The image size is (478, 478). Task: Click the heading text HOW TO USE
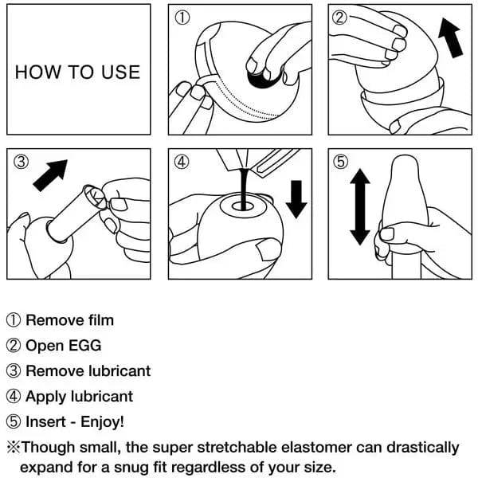(x=77, y=72)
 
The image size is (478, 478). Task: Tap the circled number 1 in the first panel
(x=182, y=18)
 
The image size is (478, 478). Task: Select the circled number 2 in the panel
(x=339, y=18)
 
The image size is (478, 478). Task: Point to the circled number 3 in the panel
(x=21, y=162)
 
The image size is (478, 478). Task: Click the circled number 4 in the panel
(x=182, y=162)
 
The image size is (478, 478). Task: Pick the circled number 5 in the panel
(x=340, y=162)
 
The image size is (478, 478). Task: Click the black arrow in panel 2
(x=451, y=37)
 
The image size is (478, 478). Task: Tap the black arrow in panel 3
(x=50, y=175)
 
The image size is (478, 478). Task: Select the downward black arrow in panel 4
(x=296, y=199)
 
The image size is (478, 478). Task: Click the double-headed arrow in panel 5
(x=360, y=206)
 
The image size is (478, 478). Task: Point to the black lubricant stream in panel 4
(x=244, y=189)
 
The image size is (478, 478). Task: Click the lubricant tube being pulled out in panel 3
(x=76, y=214)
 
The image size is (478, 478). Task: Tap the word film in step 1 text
(x=101, y=320)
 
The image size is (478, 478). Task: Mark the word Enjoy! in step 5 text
(x=102, y=422)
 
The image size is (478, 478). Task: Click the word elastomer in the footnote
(x=316, y=448)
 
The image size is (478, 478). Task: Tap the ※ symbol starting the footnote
(x=13, y=448)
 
